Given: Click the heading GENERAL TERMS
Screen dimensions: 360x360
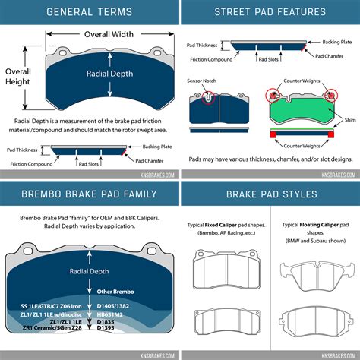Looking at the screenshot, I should [x=89, y=12].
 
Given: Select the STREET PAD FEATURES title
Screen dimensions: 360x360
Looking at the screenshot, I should [x=270, y=12].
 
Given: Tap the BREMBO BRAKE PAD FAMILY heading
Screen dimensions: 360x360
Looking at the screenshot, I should [x=89, y=194].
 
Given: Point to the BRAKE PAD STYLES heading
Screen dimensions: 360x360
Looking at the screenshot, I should [x=270, y=194].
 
